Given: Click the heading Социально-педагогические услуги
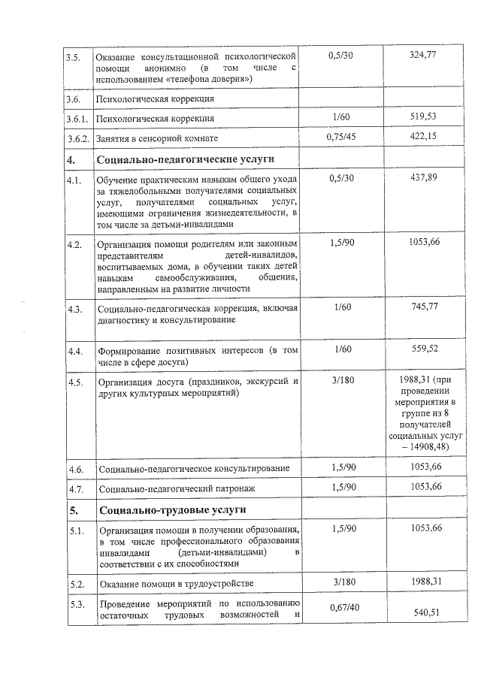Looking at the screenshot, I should tap(185, 159).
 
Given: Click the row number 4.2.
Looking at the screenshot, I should tap(74, 245).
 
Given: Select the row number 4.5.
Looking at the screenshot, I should tap(74, 382).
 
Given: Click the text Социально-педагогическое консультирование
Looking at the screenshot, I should tap(195, 469).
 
